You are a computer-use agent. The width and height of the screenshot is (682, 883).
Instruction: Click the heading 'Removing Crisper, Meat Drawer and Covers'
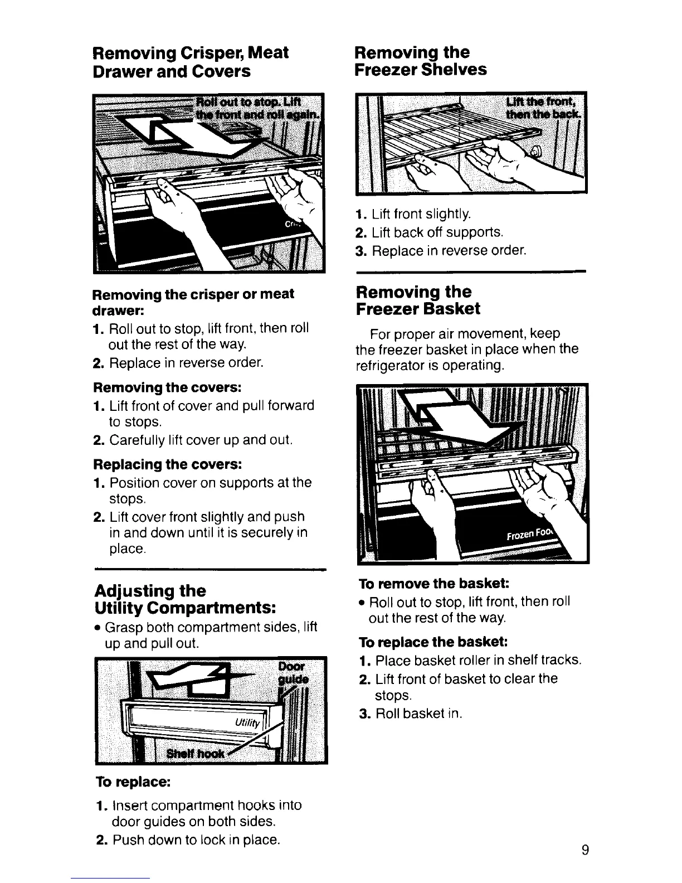point(191,62)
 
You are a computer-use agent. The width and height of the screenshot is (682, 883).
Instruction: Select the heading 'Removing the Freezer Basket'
point(418,300)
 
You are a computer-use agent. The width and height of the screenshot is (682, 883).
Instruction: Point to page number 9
point(584,850)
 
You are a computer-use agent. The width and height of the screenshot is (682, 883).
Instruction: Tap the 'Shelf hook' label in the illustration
point(197,754)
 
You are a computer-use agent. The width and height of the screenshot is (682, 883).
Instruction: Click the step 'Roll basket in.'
point(418,714)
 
